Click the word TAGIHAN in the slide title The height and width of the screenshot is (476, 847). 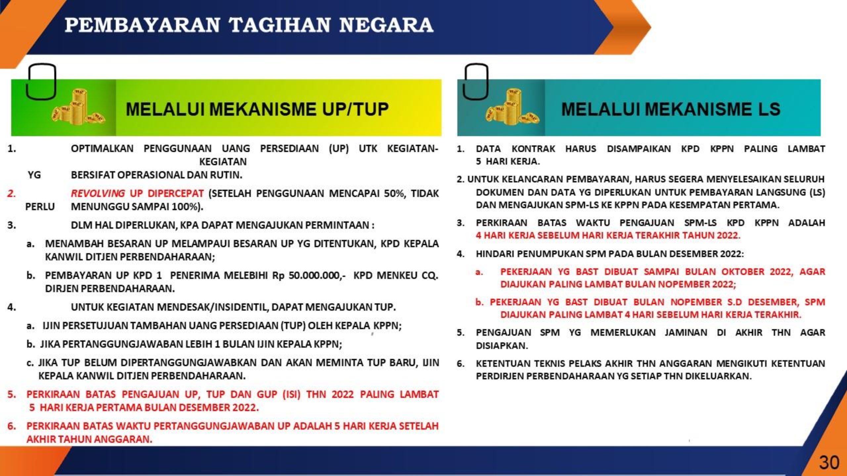click(280, 25)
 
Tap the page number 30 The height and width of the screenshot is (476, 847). click(829, 462)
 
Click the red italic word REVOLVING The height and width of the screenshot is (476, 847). click(98, 193)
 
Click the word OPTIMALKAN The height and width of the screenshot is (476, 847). click(102, 149)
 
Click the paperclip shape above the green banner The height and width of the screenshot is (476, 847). click(41, 82)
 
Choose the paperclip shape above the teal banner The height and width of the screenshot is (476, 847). click(475, 82)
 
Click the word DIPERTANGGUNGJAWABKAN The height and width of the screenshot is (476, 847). click(189, 363)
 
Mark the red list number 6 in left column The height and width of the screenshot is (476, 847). click(12, 426)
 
